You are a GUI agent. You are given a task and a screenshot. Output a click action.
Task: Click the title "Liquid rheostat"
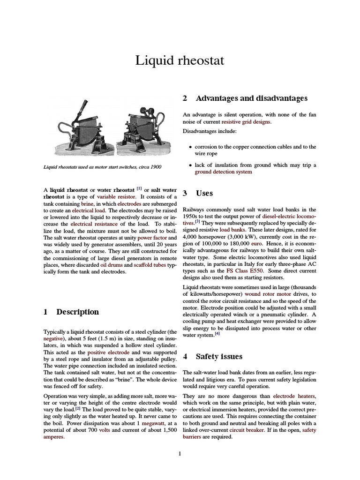click(180, 60)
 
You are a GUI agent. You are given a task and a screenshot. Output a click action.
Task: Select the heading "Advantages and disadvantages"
click(251, 98)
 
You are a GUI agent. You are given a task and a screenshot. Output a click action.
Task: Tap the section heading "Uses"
click(204, 193)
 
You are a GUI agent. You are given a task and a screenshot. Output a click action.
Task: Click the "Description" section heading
click(77, 312)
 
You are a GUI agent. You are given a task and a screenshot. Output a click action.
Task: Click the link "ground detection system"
click(223, 172)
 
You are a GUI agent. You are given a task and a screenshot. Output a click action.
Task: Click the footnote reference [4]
click(217, 334)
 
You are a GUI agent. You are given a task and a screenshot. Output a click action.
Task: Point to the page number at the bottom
click(180, 453)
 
